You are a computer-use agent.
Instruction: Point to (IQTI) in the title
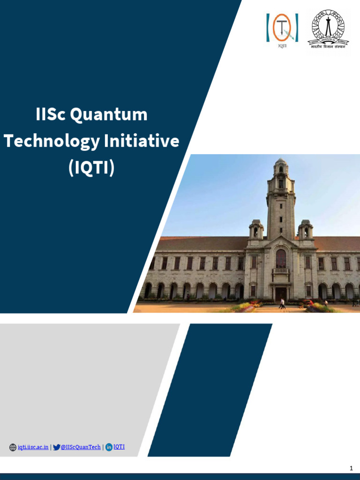91,168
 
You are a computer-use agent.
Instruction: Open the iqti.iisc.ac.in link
33,447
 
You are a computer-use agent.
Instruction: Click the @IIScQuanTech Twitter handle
81,447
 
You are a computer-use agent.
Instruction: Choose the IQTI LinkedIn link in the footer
119,447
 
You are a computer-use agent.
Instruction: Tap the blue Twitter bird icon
57,447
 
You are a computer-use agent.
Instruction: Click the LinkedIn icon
109,447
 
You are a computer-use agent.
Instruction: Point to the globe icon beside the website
13,447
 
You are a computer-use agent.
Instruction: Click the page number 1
351,468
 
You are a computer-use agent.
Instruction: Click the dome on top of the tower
281,162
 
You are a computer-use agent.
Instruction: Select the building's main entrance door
281,294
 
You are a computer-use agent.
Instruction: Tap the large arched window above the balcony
281,258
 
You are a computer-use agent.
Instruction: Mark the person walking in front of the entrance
282,304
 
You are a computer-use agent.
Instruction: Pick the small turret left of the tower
256,229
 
